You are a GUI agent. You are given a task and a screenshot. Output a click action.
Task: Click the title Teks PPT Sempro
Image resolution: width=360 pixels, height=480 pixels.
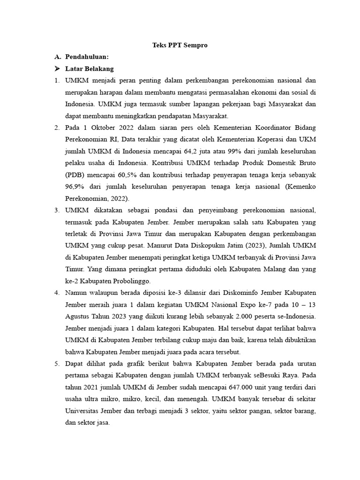(x=180, y=45)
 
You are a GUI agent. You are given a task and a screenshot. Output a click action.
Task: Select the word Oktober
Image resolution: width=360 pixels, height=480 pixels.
(x=103, y=127)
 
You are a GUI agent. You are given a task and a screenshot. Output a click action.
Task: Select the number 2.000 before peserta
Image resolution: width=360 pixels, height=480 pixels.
(x=244, y=316)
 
